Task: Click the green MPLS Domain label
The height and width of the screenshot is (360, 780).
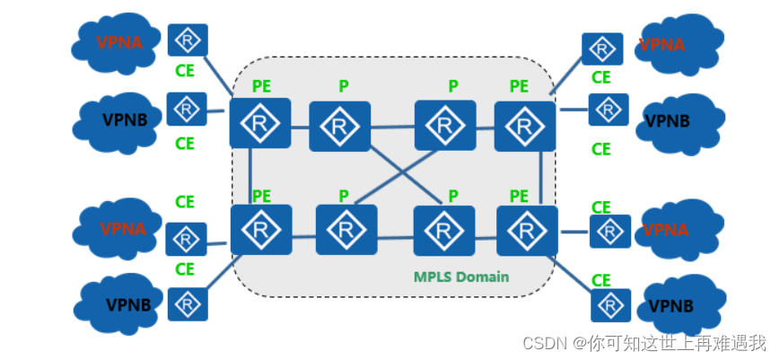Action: (x=461, y=277)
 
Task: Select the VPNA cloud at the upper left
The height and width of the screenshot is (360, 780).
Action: (x=118, y=41)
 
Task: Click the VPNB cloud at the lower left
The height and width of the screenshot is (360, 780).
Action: (x=122, y=304)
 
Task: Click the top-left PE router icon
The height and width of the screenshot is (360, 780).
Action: (x=260, y=123)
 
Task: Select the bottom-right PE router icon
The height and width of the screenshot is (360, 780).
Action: (x=527, y=231)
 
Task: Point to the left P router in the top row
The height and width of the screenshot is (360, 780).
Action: (x=340, y=127)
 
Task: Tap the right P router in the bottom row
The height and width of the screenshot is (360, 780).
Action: (x=443, y=232)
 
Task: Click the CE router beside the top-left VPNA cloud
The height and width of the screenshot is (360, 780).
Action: (x=188, y=40)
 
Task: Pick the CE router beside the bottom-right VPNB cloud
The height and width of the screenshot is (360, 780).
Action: (x=610, y=305)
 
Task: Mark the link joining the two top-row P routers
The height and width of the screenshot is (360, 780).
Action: (x=392, y=127)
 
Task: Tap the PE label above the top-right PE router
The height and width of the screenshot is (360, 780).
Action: (x=519, y=86)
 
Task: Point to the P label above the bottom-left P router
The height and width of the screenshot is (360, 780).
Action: (x=343, y=196)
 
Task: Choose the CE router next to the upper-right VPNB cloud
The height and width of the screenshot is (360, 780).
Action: (x=608, y=110)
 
